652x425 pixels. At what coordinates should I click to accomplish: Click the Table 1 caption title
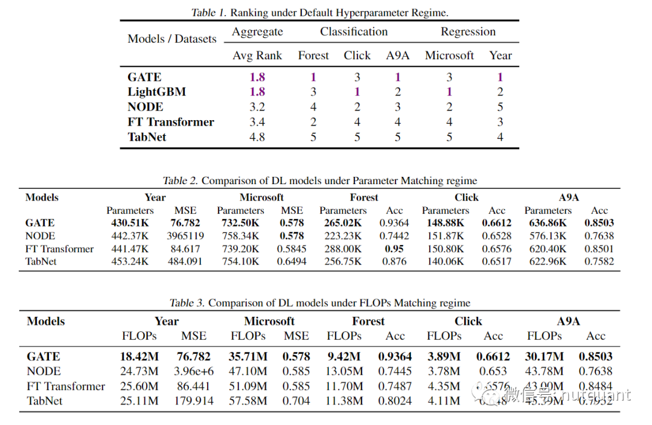pos(319,12)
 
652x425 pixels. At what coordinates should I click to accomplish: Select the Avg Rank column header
pos(257,56)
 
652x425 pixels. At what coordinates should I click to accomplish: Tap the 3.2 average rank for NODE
pos(257,107)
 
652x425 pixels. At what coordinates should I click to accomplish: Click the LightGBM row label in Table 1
pos(156,92)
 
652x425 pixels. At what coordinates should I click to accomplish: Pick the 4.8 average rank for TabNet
pos(257,137)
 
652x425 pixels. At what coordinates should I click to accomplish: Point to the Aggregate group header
pos(257,32)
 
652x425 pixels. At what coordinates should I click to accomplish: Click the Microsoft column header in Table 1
pos(449,56)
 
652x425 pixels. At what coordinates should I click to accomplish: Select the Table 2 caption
pos(319,181)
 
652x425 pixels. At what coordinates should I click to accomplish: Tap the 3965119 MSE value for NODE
pos(185,236)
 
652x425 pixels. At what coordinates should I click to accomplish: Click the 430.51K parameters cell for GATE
pos(130,223)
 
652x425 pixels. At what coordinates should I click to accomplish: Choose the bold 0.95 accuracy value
pos(394,249)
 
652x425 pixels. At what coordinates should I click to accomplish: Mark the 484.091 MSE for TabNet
pos(185,261)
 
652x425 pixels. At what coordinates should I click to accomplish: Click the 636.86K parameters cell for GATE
pos(548,223)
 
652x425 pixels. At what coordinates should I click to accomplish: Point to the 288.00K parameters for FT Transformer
pos(342,249)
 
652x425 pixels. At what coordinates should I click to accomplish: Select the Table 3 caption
pos(319,303)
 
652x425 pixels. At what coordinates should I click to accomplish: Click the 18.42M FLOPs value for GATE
pos(139,357)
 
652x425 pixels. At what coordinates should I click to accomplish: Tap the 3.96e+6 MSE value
pos(193,371)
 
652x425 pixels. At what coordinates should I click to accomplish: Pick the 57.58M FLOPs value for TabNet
pos(248,401)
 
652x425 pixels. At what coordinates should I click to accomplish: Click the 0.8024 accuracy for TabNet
pos(395,401)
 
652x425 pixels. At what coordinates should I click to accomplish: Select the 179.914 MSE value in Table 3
pos(193,401)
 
